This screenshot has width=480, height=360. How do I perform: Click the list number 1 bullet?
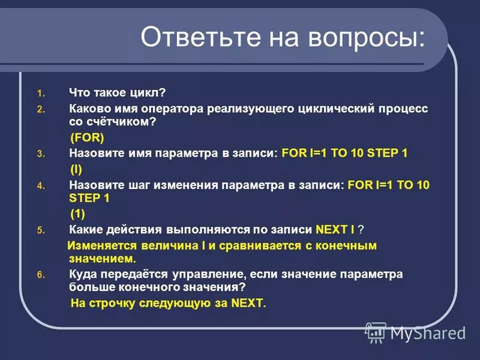40,94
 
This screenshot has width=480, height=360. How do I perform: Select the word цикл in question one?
149,93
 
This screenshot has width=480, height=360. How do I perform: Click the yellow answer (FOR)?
88,137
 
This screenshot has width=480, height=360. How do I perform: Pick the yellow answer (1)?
78,214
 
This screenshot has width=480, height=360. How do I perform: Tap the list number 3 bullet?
40,154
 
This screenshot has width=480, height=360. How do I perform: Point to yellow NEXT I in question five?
334,230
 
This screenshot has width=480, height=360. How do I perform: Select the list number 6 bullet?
40,275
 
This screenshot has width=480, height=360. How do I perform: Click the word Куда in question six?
82,274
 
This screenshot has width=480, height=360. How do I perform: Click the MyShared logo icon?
376,332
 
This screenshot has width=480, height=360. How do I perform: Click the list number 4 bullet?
40,187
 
